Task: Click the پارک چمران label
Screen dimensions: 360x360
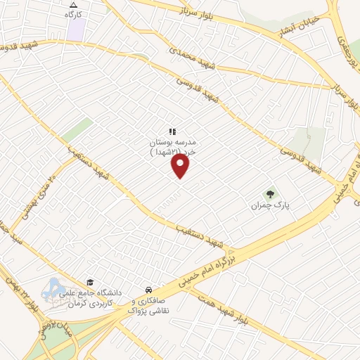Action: [x=271, y=207]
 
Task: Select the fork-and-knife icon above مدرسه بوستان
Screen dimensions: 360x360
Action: [x=172, y=131]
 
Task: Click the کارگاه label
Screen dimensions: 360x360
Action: [x=73, y=14]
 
